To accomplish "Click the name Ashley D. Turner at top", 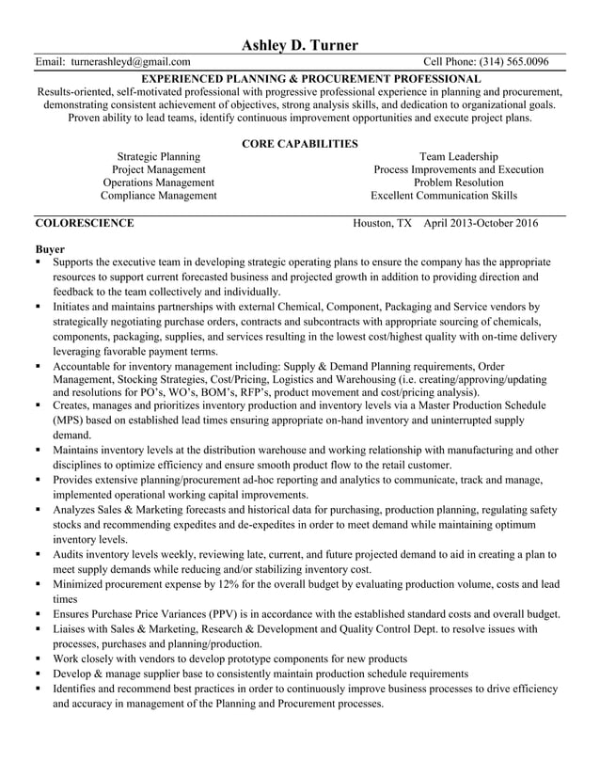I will coord(299,44).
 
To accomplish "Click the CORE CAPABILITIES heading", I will coord(299,144).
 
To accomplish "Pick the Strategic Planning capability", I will coord(158,156).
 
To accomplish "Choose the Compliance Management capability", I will coord(158,196).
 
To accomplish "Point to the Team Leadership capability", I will coord(458,156).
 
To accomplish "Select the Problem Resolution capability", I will coord(458,182).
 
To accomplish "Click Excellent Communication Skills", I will coord(444,196).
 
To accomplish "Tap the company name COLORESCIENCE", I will coord(84,224).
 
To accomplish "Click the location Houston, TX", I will coord(382,224).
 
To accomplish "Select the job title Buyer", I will coord(50,249).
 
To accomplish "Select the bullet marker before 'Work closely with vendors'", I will coord(39,658).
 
